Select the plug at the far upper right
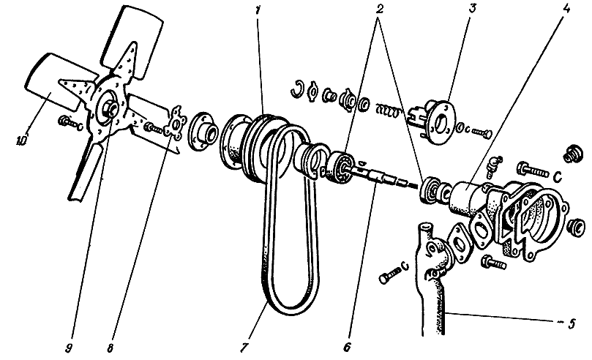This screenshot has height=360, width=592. [x=573, y=154]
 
